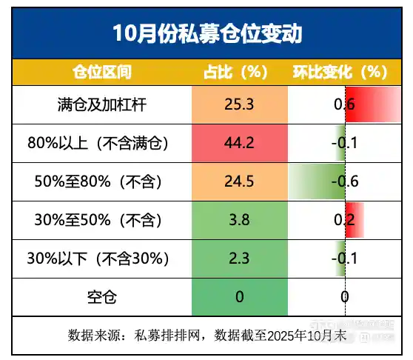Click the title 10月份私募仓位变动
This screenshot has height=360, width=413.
click(x=206, y=34)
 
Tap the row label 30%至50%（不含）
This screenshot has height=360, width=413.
click(x=98, y=220)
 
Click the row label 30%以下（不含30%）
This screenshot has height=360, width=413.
click(x=98, y=259)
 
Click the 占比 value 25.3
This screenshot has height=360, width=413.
click(x=238, y=104)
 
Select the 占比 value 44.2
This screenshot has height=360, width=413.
click(x=238, y=142)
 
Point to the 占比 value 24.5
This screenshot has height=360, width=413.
click(x=238, y=181)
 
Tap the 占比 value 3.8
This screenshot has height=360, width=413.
click(x=238, y=220)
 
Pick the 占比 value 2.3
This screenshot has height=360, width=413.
click(x=238, y=259)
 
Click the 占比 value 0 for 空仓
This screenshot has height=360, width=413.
click(x=238, y=297)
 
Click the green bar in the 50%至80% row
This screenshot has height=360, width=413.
click(x=318, y=181)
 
